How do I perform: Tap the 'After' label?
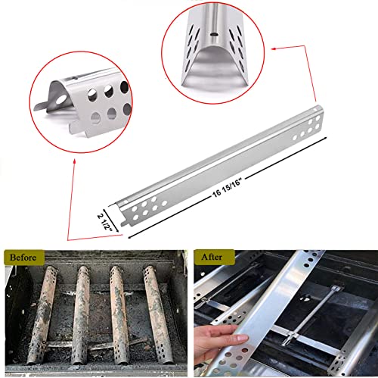tap(211, 258)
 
